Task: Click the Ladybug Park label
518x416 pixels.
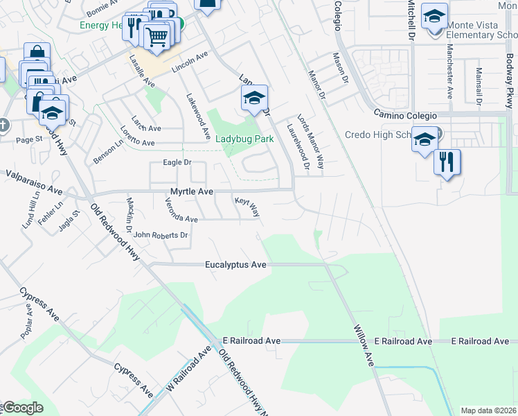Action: click(x=244, y=139)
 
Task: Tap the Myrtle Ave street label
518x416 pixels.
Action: click(x=192, y=191)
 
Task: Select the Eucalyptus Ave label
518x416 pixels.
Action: click(x=235, y=265)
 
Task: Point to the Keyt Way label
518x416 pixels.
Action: click(x=247, y=206)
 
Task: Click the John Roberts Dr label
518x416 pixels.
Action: click(x=161, y=235)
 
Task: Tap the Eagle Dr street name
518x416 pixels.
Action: click(x=176, y=162)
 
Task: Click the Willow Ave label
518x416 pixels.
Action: click(x=364, y=346)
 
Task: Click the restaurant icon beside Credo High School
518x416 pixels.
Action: click(x=447, y=162)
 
